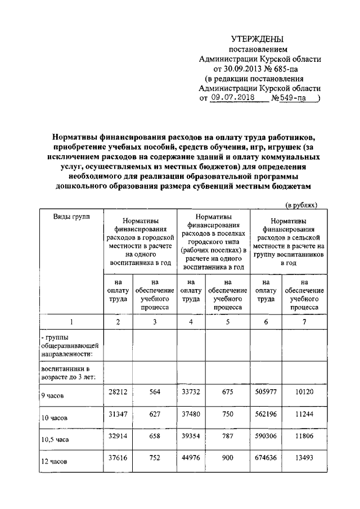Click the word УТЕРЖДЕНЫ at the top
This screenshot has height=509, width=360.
click(258, 39)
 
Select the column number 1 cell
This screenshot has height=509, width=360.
click(71, 322)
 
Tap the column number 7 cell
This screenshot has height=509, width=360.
click(304, 322)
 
